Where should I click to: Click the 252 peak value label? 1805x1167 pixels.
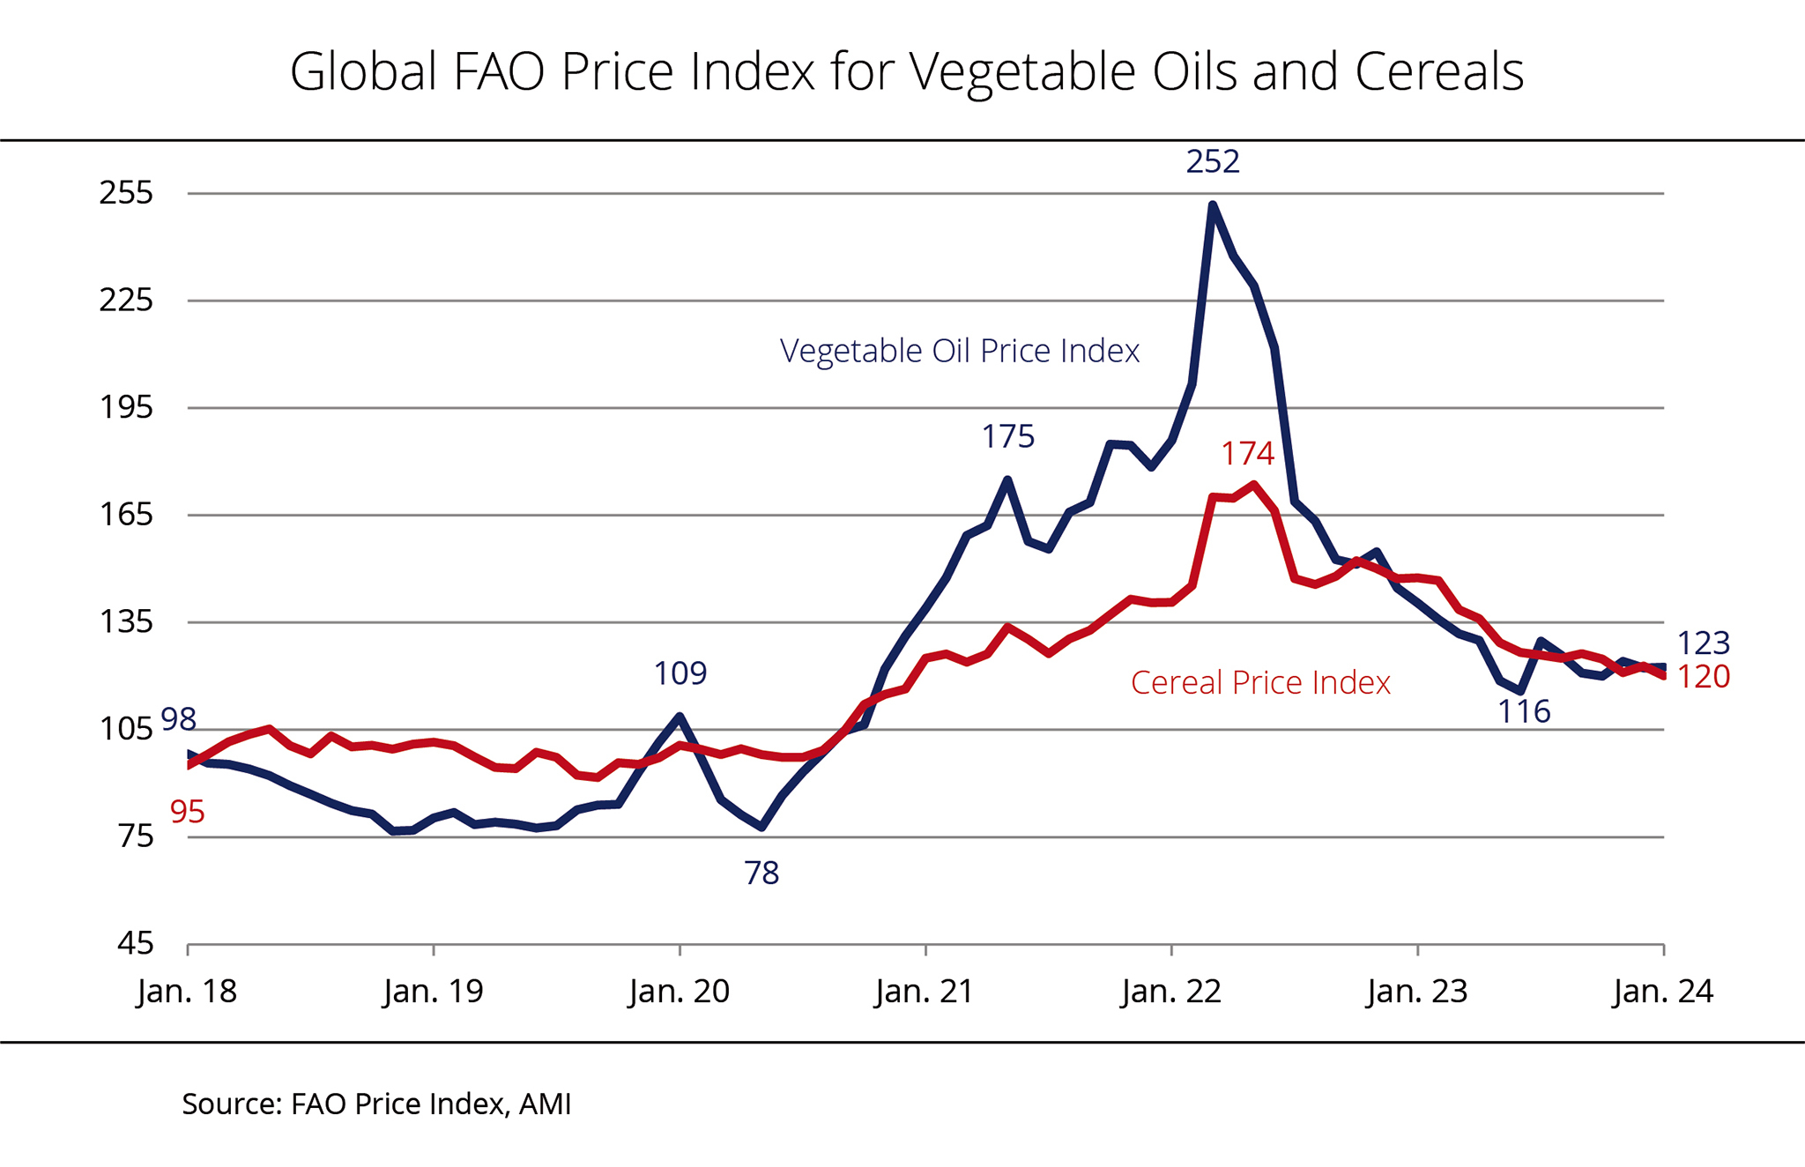tap(1213, 161)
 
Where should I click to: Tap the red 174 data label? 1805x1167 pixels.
tap(1247, 453)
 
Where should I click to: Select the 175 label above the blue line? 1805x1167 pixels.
tap(1008, 436)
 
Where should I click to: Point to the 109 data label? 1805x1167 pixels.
tap(680, 673)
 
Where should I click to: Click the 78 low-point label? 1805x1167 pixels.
tap(761, 873)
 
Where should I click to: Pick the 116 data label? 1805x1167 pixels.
tap(1524, 711)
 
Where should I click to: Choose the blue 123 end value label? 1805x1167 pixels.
tap(1703, 643)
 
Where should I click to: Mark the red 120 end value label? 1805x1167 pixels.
tap(1703, 677)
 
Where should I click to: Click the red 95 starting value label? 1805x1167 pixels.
tap(188, 812)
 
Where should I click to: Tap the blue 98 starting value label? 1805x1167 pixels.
tap(179, 719)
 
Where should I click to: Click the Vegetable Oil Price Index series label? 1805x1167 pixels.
tap(960, 351)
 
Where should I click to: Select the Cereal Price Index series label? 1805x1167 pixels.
tap(1260, 682)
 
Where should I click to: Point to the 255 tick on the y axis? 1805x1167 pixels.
tap(127, 192)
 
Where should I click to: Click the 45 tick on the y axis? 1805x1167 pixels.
tap(136, 943)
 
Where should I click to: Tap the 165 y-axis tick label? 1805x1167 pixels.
tap(127, 514)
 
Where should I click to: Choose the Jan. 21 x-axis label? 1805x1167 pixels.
tap(925, 992)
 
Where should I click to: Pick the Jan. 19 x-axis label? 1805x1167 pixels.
tap(434, 992)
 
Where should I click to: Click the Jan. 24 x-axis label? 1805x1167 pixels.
tap(1663, 992)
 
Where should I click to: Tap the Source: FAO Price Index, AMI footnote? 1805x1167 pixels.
tap(376, 1104)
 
